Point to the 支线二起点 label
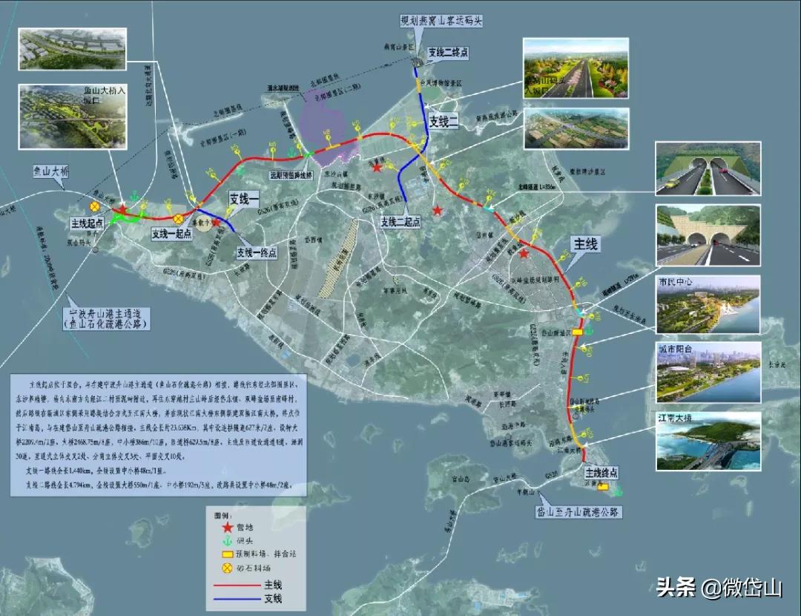click(x=400, y=222)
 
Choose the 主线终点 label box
click(x=601, y=472)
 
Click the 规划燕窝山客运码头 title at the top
click(x=441, y=21)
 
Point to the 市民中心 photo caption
click(x=676, y=283)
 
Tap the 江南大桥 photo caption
click(x=676, y=419)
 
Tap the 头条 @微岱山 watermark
click(x=719, y=589)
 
